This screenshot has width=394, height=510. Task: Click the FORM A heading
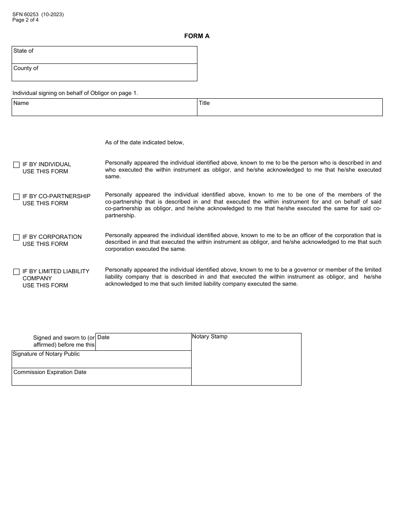(x=197, y=36)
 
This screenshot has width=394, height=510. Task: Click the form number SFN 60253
(x=25, y=15)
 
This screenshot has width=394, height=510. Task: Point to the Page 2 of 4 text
(x=25, y=20)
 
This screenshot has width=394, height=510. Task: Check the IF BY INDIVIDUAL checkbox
(x=17, y=165)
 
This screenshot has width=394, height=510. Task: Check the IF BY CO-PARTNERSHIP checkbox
(x=17, y=197)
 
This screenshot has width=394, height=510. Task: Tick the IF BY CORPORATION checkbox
(x=17, y=237)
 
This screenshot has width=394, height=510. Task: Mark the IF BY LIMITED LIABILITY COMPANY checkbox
(x=17, y=272)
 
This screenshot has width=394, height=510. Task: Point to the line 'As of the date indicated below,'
(x=144, y=143)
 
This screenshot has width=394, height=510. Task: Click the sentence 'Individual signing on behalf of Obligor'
(x=75, y=93)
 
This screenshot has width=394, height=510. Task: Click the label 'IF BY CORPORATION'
(x=52, y=237)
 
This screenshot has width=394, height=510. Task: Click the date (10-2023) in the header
(x=52, y=15)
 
